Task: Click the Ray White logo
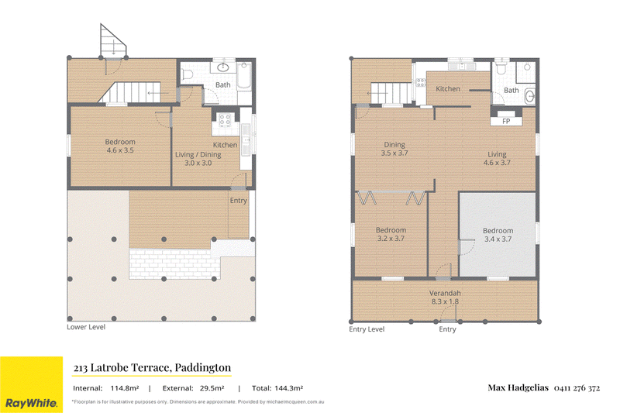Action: [31, 384]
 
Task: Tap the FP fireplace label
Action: [506, 122]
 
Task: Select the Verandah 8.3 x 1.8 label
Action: [445, 298]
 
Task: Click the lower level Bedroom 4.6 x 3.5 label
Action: [120, 146]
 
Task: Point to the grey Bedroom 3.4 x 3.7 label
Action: [498, 235]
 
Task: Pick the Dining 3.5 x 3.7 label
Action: [394, 149]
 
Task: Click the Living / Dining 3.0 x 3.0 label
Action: [198, 159]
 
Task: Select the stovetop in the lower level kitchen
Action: [225, 120]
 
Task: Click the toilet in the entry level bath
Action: [501, 68]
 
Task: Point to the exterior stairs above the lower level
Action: [113, 41]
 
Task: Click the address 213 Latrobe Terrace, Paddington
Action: [152, 368]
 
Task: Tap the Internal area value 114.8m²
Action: [125, 388]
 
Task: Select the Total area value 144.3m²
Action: [288, 388]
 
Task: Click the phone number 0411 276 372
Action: [577, 388]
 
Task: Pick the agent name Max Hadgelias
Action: [518, 387]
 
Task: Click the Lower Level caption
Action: [86, 327]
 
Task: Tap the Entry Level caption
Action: [367, 329]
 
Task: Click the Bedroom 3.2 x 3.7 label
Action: [391, 234]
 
